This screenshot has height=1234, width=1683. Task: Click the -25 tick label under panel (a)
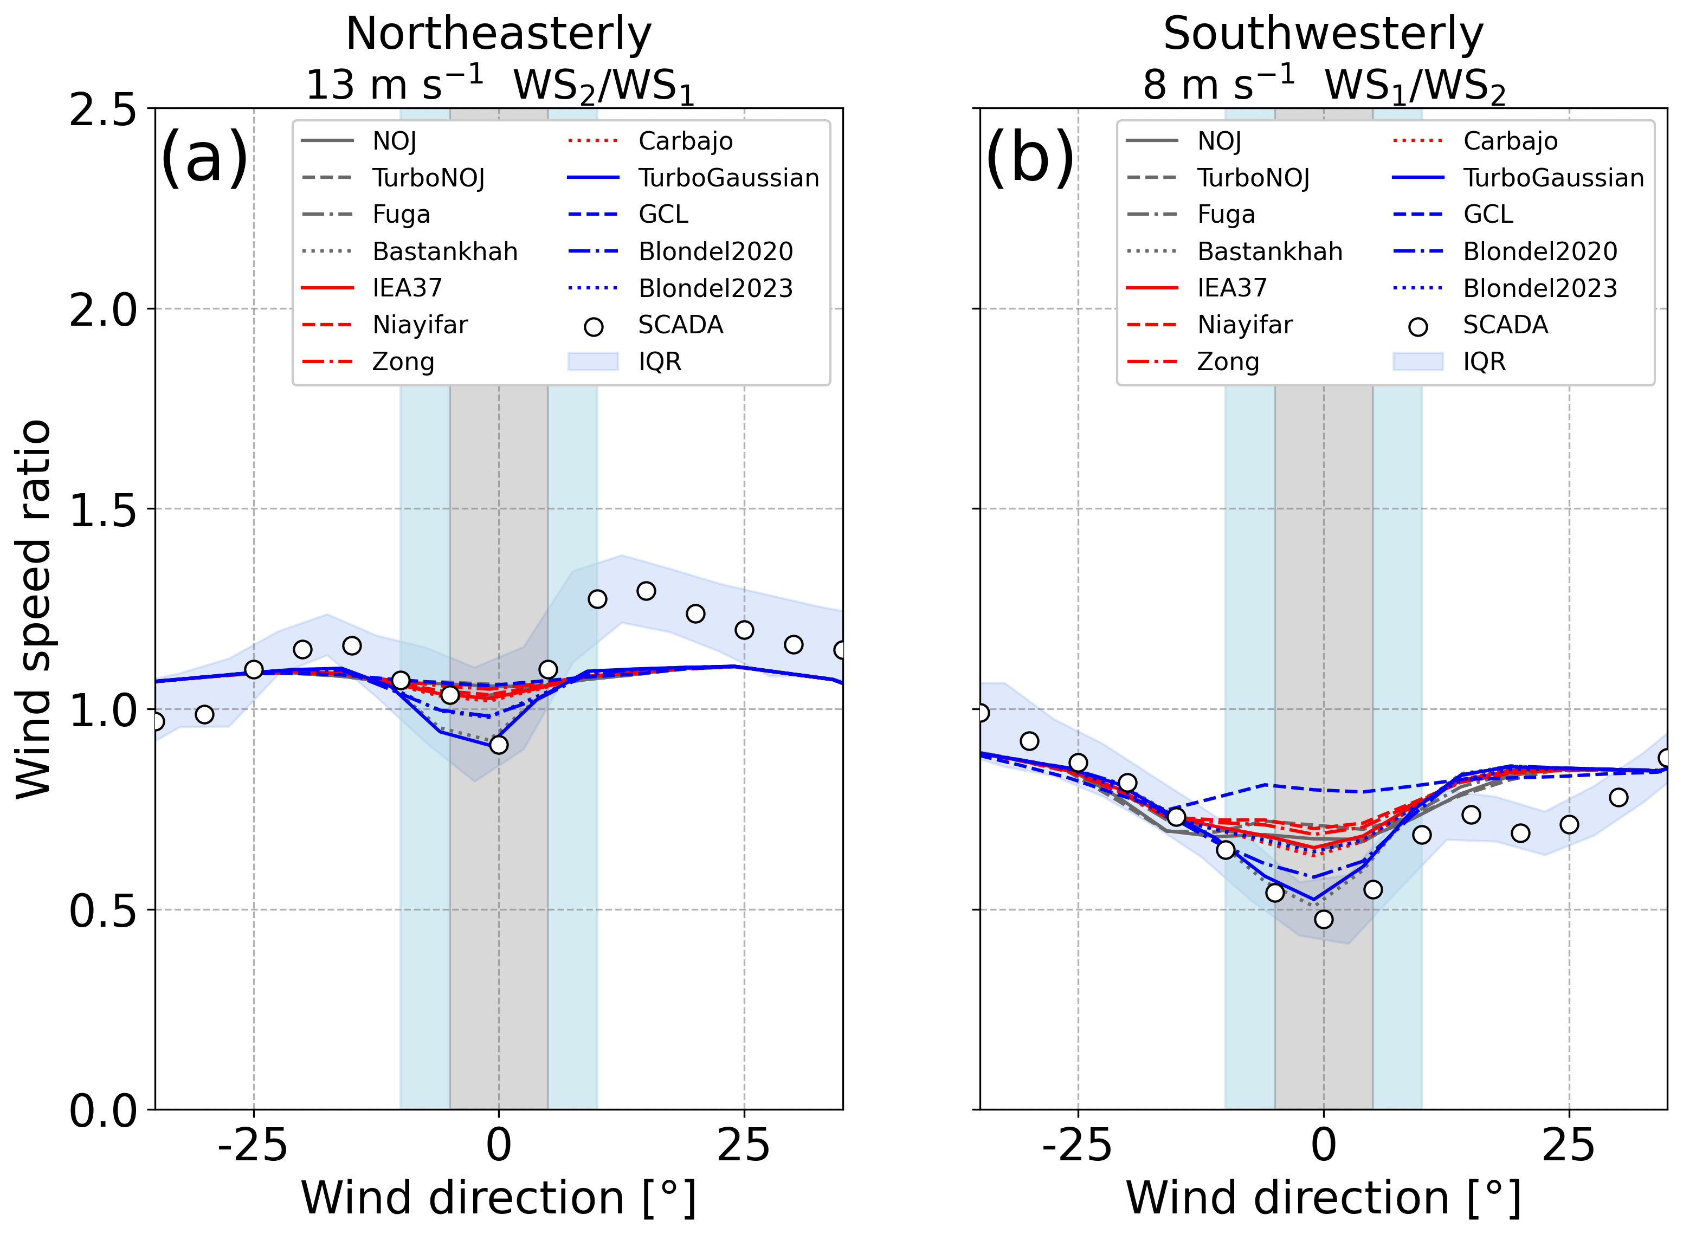(253, 1145)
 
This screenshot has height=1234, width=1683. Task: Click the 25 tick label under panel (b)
(1568, 1145)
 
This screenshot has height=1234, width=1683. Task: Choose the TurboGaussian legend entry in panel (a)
(728, 178)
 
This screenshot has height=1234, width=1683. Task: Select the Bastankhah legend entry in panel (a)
(444, 251)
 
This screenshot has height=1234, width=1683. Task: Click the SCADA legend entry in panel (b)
(1505, 325)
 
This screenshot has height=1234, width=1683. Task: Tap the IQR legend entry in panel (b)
(1484, 361)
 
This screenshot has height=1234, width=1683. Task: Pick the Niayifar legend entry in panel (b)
(1244, 325)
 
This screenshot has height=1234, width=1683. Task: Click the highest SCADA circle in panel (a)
(646, 591)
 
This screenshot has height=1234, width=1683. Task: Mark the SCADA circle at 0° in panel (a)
(498, 745)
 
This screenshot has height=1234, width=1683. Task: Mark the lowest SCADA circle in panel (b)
(1324, 920)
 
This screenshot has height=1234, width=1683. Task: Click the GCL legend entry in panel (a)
(662, 215)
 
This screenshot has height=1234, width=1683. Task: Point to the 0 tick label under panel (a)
(498, 1145)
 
